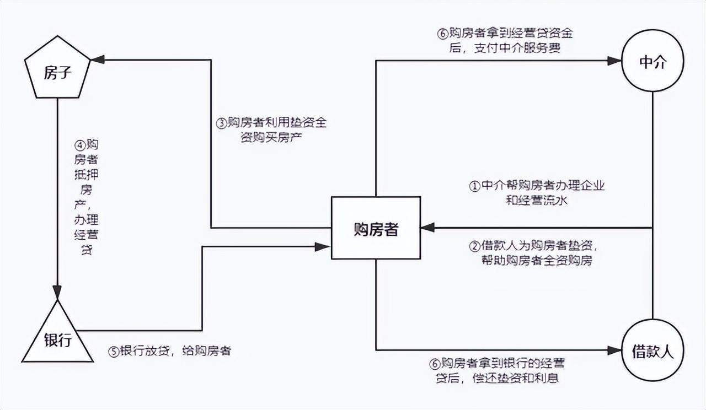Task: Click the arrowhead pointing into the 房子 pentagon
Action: pyautogui.click(x=98, y=60)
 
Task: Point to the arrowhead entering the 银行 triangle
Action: pyautogui.click(x=57, y=293)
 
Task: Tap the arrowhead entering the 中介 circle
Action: pyautogui.click(x=614, y=61)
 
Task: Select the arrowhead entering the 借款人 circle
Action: pyautogui.click(x=614, y=350)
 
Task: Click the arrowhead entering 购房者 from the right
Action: pyautogui.click(x=427, y=228)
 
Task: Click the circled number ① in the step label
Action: pyautogui.click(x=474, y=186)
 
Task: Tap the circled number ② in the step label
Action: pyautogui.click(x=474, y=246)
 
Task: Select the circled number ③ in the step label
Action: pyautogui.click(x=222, y=123)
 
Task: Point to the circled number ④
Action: pyautogui.click(x=80, y=145)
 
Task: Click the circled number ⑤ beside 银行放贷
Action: pyautogui.click(x=114, y=352)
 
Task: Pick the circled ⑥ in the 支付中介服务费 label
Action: pyautogui.click(x=442, y=34)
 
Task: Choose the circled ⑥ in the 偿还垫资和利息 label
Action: pyautogui.click(x=435, y=364)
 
